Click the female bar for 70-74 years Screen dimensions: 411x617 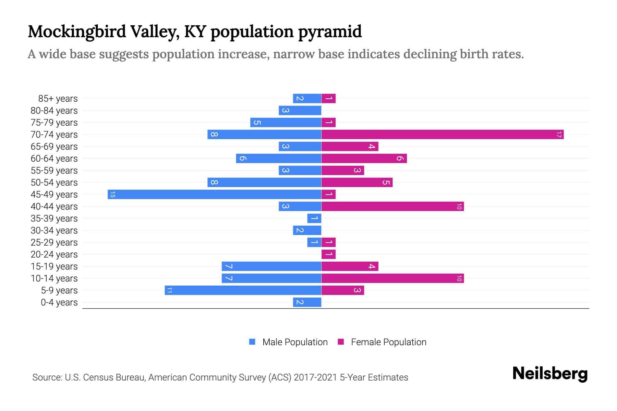pyautogui.click(x=442, y=135)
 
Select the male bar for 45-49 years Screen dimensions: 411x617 pyautogui.click(x=214, y=195)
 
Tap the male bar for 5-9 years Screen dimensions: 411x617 pyautogui.click(x=243, y=290)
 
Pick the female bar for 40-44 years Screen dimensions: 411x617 pyautogui.click(x=392, y=207)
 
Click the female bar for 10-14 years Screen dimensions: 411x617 pyautogui.click(x=392, y=278)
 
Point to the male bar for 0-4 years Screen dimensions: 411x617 pyautogui.click(x=307, y=302)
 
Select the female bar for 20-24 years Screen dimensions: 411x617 pyautogui.click(x=328, y=254)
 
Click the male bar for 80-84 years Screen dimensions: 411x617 pyautogui.click(x=300, y=111)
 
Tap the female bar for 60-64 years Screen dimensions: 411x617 pyautogui.click(x=364, y=159)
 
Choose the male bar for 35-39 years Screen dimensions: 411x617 pyautogui.click(x=314, y=219)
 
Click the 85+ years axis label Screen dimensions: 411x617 pyautogui.click(x=58, y=99)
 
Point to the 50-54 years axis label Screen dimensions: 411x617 pyautogui.click(x=54, y=183)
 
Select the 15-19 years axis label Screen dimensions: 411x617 pyautogui.click(x=54, y=266)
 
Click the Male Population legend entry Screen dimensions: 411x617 pyautogui.click(x=288, y=342)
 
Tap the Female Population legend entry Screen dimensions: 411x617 pyautogui.click(x=382, y=342)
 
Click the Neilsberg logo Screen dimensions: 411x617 pyautogui.click(x=550, y=374)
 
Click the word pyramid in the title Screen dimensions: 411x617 pyautogui.click(x=330, y=32)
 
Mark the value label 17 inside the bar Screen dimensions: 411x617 pyautogui.click(x=559, y=135)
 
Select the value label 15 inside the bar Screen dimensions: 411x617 pyautogui.click(x=112, y=195)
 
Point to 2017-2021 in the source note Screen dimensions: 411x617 pyautogui.click(x=315, y=377)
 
